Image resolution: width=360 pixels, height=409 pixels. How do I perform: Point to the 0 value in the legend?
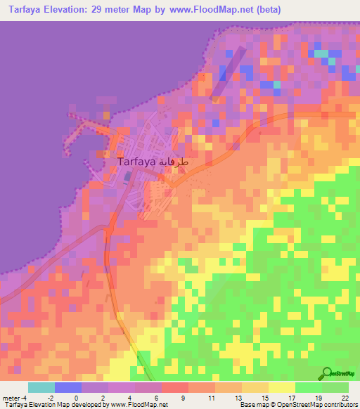click(x=75, y=398)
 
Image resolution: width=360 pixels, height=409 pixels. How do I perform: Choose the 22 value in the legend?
click(x=345, y=398)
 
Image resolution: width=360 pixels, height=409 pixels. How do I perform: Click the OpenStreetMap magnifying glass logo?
click(x=326, y=374)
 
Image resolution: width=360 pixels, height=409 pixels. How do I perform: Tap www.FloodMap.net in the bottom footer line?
click(x=138, y=405)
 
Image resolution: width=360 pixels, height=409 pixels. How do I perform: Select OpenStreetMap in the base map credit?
click(x=293, y=405)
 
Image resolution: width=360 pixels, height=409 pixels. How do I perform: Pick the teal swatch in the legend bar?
click(x=41, y=387)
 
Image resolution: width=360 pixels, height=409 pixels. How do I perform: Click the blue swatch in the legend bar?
click(x=68, y=387)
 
